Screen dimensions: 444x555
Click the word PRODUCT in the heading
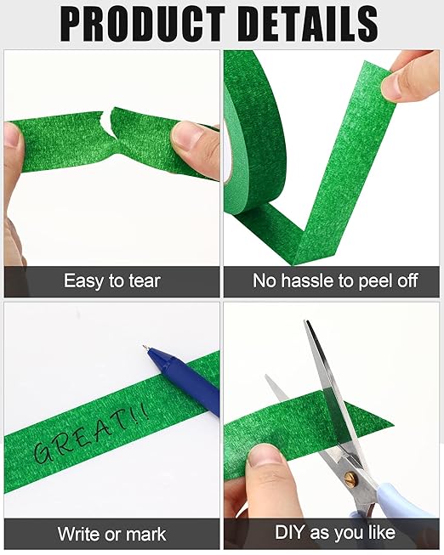click(x=143, y=24)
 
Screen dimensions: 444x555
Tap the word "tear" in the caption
click(x=145, y=281)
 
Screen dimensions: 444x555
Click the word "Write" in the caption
click(x=78, y=534)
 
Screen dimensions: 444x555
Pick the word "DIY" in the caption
click(x=290, y=532)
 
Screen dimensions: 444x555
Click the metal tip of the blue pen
click(x=145, y=348)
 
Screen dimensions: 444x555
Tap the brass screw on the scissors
click(x=350, y=478)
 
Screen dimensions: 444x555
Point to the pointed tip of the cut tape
click(x=393, y=425)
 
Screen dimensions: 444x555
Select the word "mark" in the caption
click(x=147, y=534)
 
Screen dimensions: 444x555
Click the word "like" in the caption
click(x=382, y=532)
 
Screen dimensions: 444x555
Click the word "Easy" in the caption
click(x=83, y=281)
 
